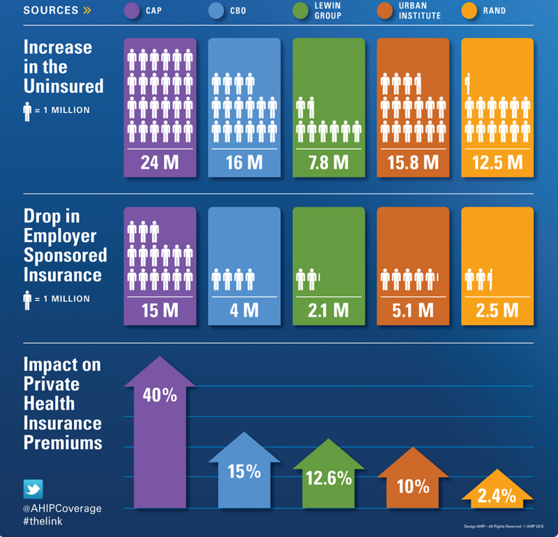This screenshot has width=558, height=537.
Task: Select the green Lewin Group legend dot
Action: click(301, 10)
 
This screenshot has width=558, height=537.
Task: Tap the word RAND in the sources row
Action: click(495, 10)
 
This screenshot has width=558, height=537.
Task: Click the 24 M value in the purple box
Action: click(160, 162)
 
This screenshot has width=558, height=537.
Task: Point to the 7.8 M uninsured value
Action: click(329, 162)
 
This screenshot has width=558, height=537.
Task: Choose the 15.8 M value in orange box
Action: click(413, 162)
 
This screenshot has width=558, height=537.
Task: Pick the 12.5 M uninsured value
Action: click(497, 162)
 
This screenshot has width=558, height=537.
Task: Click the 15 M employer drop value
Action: click(160, 310)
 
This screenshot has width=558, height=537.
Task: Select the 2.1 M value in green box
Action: click(329, 310)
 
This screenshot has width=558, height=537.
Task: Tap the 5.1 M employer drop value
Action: click(413, 310)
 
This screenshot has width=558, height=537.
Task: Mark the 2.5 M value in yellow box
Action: click(497, 310)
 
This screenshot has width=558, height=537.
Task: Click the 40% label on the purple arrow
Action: click(160, 395)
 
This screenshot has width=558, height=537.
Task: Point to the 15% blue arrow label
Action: click(244, 471)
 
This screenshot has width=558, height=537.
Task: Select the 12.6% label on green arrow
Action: click(329, 478)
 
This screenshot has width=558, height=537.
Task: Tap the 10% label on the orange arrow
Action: click(413, 486)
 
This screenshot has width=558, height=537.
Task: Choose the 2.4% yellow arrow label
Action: click(497, 496)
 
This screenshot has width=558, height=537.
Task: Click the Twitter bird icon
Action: click(33, 488)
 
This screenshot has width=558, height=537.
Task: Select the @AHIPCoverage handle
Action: click(62, 508)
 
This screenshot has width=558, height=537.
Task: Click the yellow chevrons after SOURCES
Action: click(86, 10)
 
